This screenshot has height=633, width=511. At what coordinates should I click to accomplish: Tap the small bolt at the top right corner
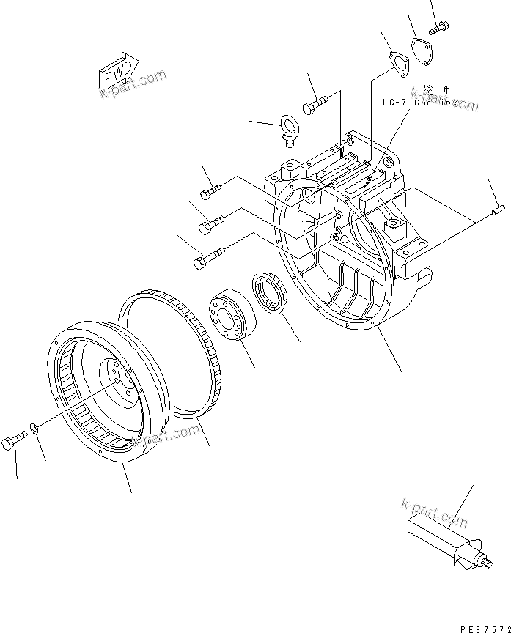click(x=439, y=29)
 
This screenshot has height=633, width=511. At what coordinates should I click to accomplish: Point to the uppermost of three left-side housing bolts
click(x=210, y=193)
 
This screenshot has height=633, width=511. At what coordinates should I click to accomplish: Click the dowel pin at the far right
click(x=496, y=213)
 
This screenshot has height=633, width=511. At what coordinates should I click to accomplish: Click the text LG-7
click(x=394, y=103)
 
